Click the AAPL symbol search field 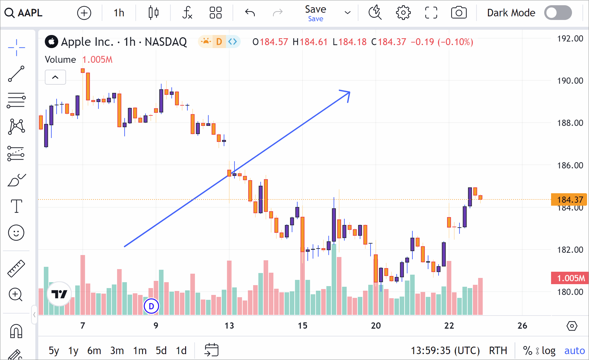pyautogui.click(x=24, y=13)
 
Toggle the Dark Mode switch pyautogui.click(x=558, y=13)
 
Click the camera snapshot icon pyautogui.click(x=459, y=13)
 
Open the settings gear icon pyautogui.click(x=403, y=13)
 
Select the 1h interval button pyautogui.click(x=119, y=13)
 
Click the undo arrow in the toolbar pyautogui.click(x=250, y=13)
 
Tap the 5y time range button pyautogui.click(x=54, y=351)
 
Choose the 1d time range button pyautogui.click(x=181, y=351)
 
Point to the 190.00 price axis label pyautogui.click(x=570, y=81)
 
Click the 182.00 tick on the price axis pyautogui.click(x=570, y=250)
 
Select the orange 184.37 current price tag pyautogui.click(x=569, y=199)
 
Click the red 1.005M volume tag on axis pyautogui.click(x=570, y=278)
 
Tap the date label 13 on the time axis pyautogui.click(x=229, y=326)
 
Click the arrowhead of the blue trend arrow pyautogui.click(x=348, y=93)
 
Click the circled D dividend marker pyautogui.click(x=151, y=306)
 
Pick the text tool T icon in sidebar pyautogui.click(x=16, y=206)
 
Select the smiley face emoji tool pyautogui.click(x=16, y=233)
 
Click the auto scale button pyautogui.click(x=574, y=351)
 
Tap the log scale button pyautogui.click(x=548, y=351)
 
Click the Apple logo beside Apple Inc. pyautogui.click(x=51, y=42)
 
